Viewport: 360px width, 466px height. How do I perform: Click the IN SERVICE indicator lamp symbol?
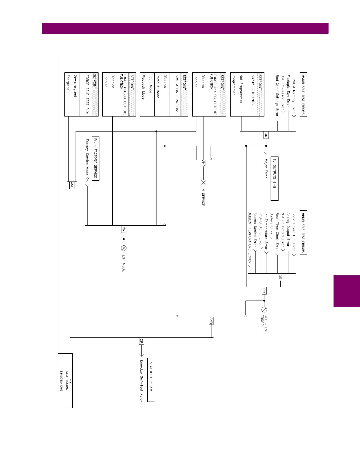[203, 182]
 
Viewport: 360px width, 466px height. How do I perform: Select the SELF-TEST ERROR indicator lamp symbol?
[264, 309]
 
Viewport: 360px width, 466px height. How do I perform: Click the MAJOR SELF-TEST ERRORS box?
[303, 94]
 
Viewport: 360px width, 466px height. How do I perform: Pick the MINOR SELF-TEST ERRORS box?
[303, 232]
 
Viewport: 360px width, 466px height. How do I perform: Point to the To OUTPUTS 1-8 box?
[274, 179]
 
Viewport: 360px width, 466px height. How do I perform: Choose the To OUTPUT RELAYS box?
[151, 380]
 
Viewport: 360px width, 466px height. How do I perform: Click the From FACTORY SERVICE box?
[96, 159]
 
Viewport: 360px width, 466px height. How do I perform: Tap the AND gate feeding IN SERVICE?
[203, 164]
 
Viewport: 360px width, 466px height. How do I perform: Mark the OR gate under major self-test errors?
[266, 135]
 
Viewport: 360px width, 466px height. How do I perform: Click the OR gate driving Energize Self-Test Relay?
[141, 341]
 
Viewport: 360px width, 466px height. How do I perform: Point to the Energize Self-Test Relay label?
[141, 381]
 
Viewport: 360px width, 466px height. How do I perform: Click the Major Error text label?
[266, 168]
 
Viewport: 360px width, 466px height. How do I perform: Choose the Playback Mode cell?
[144, 87]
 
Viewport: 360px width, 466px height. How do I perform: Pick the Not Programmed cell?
[241, 89]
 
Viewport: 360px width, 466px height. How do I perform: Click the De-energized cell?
[76, 85]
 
